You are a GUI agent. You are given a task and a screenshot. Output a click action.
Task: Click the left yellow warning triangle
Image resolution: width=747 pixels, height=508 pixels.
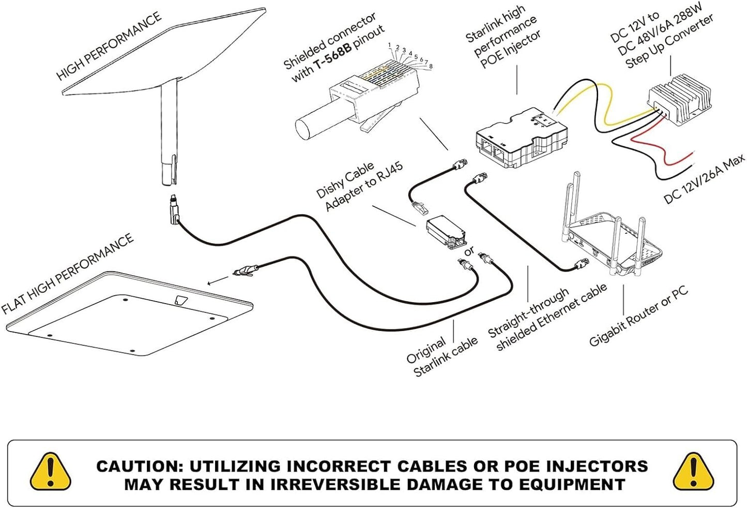coord(50,472)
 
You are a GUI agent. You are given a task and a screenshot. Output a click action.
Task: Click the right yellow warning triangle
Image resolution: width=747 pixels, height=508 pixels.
coord(694,472)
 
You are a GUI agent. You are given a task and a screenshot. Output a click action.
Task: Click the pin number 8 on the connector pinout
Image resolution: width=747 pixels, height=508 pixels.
coord(431,66)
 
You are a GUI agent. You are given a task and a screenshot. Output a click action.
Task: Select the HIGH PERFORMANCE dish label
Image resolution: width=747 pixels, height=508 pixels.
coord(109,47)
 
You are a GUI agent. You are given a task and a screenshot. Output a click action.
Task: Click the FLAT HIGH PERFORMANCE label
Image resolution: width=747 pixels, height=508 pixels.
coord(67,274)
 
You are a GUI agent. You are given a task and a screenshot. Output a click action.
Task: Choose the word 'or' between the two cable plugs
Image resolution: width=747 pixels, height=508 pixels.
coord(469,251)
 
